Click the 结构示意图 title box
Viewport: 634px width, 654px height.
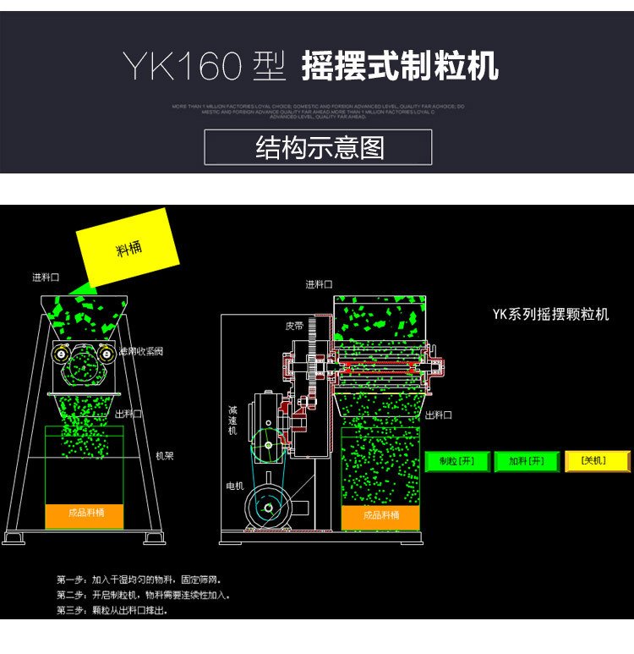(x=319, y=147)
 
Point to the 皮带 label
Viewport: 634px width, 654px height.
(x=293, y=326)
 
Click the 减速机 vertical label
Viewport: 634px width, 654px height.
(x=232, y=420)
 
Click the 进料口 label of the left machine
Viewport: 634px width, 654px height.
(x=46, y=277)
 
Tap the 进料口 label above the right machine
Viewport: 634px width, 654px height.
(x=319, y=284)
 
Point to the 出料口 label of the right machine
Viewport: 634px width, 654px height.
(x=439, y=415)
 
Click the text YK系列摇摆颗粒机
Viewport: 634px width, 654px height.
(x=550, y=315)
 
